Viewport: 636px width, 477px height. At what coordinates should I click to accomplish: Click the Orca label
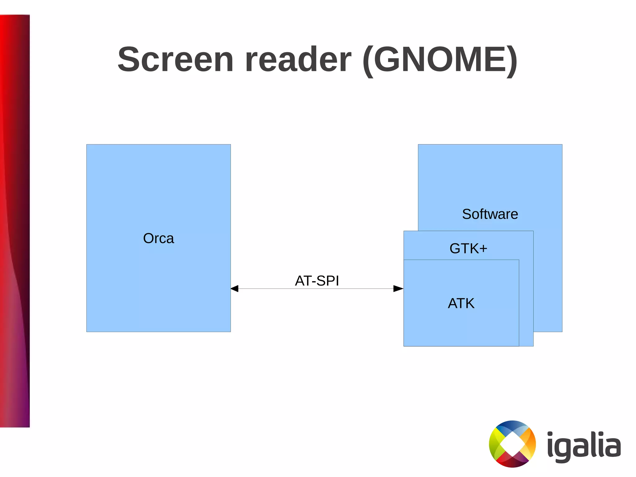coord(158,238)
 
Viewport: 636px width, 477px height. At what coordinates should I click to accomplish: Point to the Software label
coord(490,214)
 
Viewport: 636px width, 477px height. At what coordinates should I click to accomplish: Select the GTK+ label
coord(468,248)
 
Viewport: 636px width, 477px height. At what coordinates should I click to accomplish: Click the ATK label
coord(461,303)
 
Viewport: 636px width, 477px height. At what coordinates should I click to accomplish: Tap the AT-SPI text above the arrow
coord(317,281)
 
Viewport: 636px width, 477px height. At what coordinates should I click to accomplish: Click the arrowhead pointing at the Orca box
coord(235,289)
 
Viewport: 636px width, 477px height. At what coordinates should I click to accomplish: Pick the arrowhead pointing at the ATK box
coord(398,289)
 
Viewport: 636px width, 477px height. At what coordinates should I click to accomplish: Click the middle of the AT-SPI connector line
coord(317,289)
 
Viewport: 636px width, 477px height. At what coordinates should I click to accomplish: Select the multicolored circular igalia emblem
coord(512,444)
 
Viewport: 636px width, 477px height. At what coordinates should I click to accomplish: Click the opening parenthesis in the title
coord(368,61)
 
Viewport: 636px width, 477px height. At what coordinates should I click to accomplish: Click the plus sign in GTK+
coord(483,249)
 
